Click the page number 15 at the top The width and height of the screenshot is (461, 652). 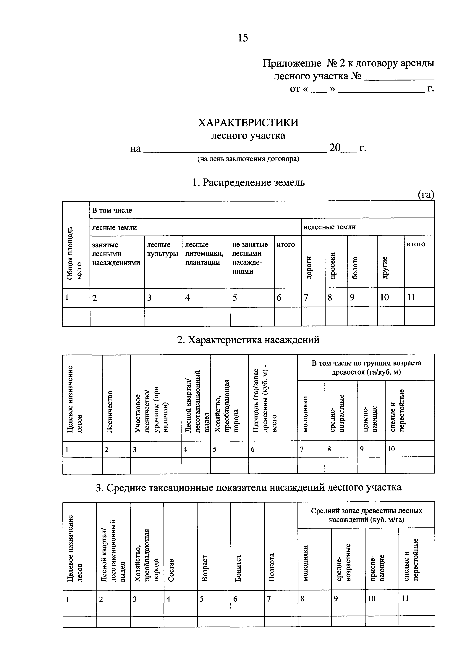tap(243, 38)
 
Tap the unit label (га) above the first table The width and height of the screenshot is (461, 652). tap(426, 194)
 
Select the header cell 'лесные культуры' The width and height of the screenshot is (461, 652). tap(162, 249)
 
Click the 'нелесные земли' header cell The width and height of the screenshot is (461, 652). tap(330, 227)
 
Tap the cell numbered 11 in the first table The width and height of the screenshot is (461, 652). tap(411, 297)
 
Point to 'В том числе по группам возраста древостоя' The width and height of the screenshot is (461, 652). tap(366, 368)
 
